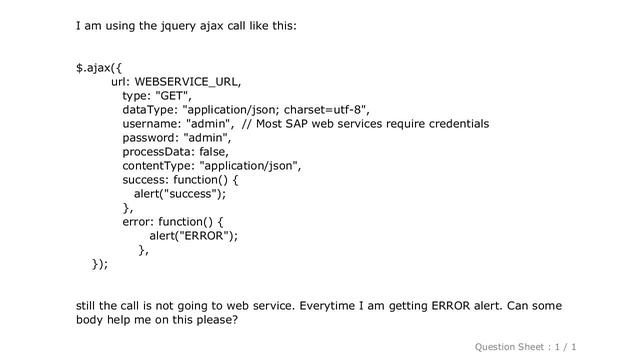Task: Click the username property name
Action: pos(151,124)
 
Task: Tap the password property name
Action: pos(151,138)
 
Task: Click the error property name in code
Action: pos(138,222)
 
